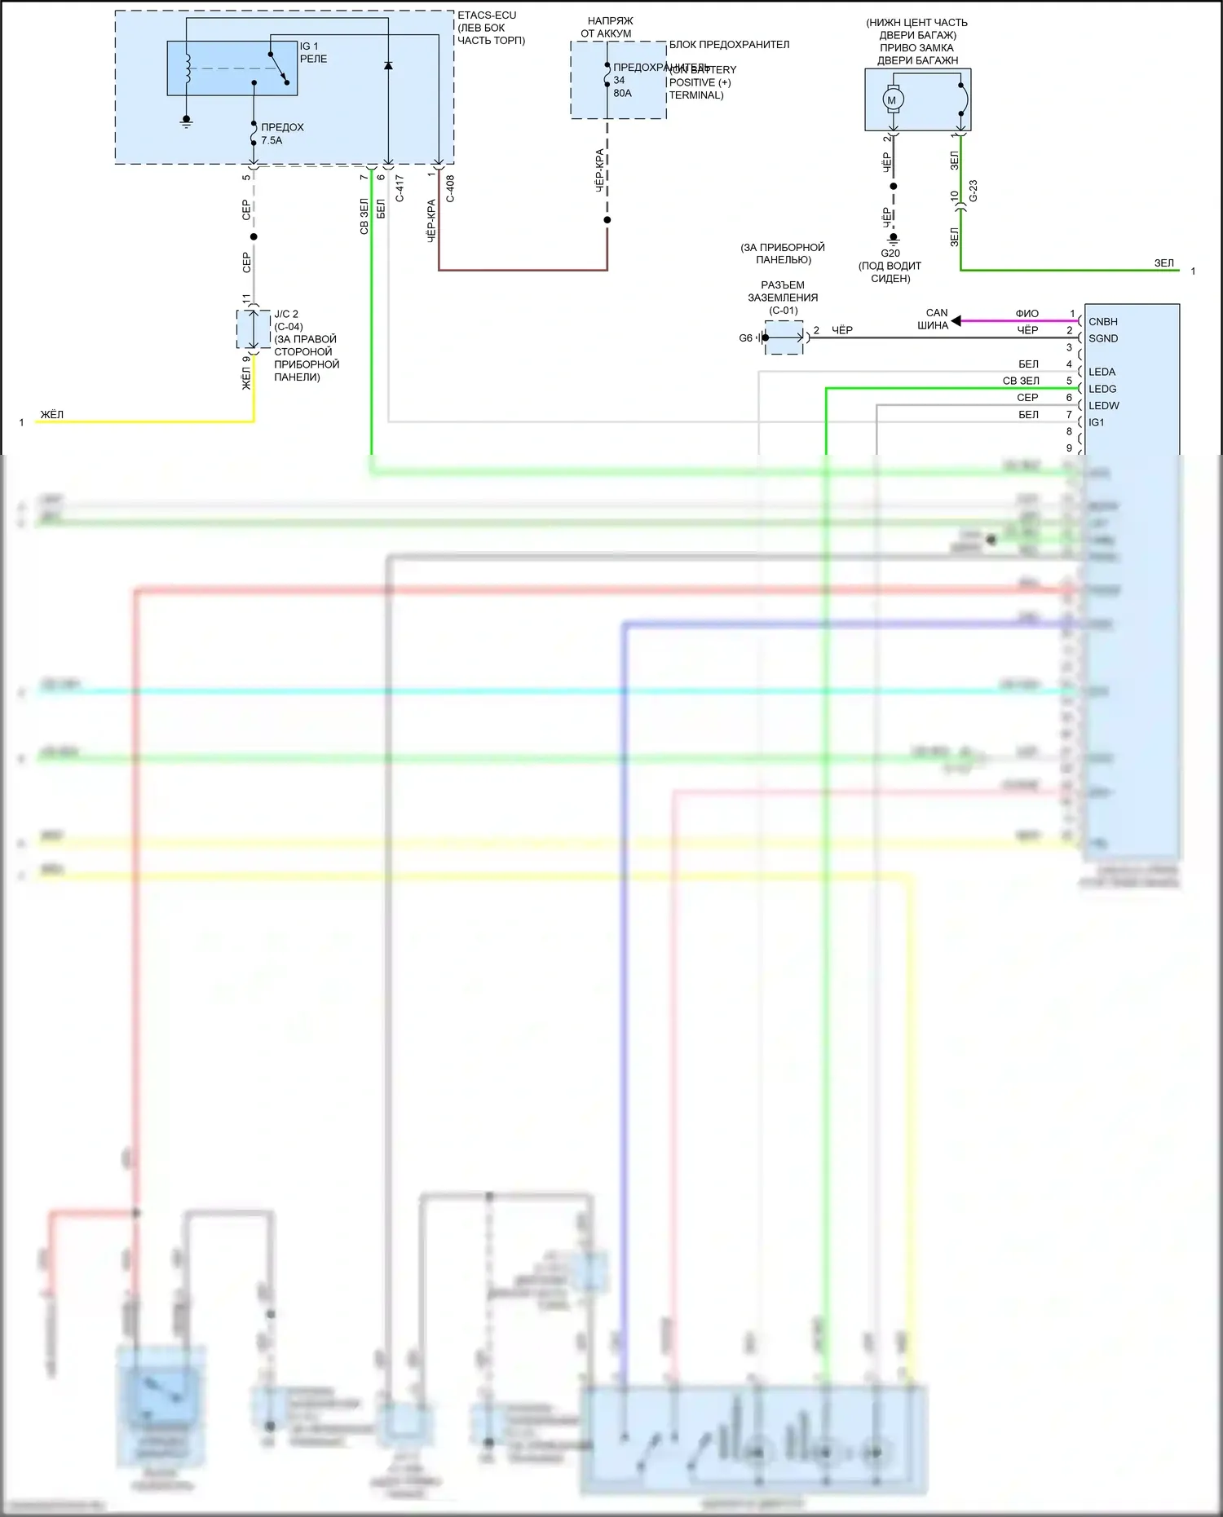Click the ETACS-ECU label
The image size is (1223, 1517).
[487, 15]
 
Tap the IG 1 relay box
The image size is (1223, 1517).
[232, 68]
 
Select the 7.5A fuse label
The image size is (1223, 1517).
[272, 141]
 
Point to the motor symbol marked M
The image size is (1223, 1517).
[891, 100]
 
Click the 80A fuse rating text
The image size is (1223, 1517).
[622, 94]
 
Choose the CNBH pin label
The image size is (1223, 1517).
[1103, 322]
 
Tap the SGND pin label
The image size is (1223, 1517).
[1103, 339]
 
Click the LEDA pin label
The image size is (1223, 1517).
[1102, 373]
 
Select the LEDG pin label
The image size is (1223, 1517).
[1102, 390]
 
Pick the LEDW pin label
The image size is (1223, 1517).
[1103, 406]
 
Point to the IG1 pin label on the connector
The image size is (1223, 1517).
[1096, 423]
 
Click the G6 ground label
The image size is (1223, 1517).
[745, 338]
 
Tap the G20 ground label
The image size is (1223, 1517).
[890, 254]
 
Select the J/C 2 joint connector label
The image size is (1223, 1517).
[286, 315]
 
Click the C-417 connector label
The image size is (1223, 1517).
[400, 188]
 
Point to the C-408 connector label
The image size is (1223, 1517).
[450, 188]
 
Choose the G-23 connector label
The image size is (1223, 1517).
[973, 192]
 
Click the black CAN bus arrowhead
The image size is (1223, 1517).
[956, 320]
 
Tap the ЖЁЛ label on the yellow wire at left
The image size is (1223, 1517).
[51, 415]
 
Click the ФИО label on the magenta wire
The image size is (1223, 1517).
[1027, 314]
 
